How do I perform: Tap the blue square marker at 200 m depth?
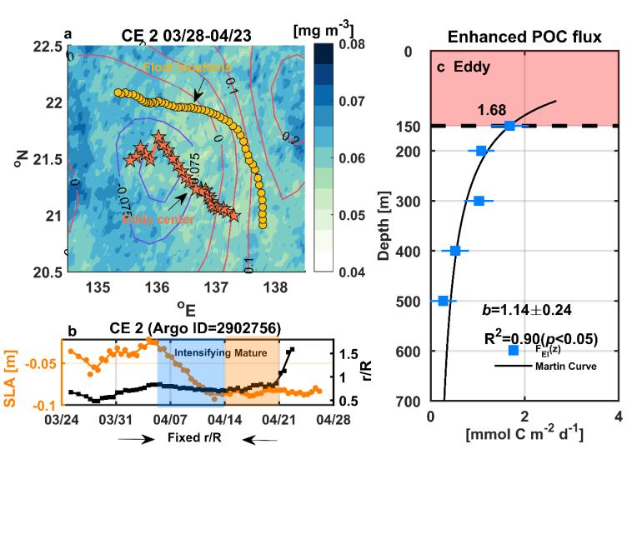pos(481,151)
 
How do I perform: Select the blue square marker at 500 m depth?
pos(444,301)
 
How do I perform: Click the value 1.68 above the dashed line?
pos(491,110)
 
